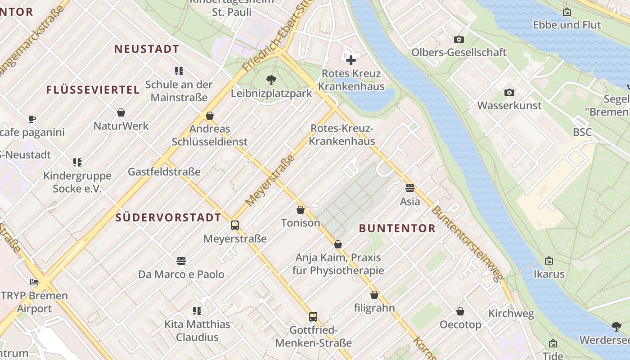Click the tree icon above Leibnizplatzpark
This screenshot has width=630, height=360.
click(x=271, y=80)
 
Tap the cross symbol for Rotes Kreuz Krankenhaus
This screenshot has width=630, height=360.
click(x=351, y=60)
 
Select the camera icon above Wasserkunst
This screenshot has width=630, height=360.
click(x=509, y=92)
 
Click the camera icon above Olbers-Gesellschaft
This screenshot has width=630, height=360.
click(x=459, y=39)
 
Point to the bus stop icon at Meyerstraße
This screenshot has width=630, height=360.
click(x=234, y=225)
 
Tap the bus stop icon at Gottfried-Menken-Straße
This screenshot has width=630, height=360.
click(x=313, y=316)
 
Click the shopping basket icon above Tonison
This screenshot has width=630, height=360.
click(x=300, y=210)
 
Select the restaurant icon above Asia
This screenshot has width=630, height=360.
click(x=409, y=188)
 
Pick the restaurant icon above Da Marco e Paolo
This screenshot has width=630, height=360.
click(x=181, y=261)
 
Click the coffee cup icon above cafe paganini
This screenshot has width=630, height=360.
click(x=31, y=119)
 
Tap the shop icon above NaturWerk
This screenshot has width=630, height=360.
click(x=121, y=112)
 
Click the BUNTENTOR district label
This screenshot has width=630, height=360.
click(x=397, y=228)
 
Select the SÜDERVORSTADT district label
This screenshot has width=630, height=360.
click(x=168, y=217)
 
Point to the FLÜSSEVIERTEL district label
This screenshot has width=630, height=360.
click(x=93, y=90)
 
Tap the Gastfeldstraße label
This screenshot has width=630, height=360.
click(x=164, y=171)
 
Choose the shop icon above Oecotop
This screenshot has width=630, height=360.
click(x=460, y=311)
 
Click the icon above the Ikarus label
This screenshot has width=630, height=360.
click(x=549, y=261)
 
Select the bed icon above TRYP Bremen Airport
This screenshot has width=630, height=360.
click(x=34, y=282)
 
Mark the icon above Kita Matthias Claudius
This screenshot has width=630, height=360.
click(x=197, y=310)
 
